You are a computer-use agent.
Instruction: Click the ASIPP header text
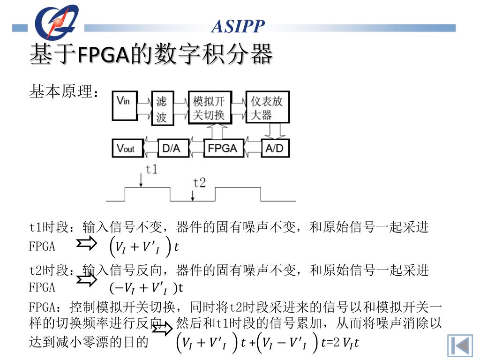[x=238, y=26]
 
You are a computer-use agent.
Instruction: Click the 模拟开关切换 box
[x=210, y=107]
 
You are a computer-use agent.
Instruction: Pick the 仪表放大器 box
[x=267, y=107]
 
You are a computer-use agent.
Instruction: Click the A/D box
[x=275, y=148]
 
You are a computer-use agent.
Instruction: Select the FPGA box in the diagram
[x=223, y=148]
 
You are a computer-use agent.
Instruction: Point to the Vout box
[x=126, y=148]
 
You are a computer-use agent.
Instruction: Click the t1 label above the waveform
[x=151, y=170]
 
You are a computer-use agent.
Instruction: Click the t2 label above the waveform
[x=200, y=183]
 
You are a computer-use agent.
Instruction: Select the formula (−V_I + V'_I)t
[x=146, y=287]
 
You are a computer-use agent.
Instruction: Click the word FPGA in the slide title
[x=103, y=55]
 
